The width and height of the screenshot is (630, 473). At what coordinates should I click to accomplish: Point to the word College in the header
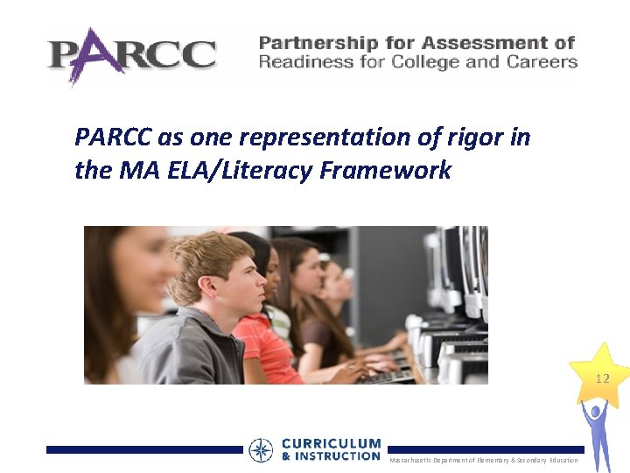pyautogui.click(x=454, y=62)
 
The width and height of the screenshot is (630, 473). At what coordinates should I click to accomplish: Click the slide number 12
pyautogui.click(x=602, y=379)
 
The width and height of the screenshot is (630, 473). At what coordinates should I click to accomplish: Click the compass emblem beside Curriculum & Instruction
pyautogui.click(x=261, y=450)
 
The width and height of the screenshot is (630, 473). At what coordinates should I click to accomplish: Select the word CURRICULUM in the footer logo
pyautogui.click(x=331, y=444)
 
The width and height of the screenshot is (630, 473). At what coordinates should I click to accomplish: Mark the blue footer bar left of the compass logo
pyautogui.click(x=144, y=449)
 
